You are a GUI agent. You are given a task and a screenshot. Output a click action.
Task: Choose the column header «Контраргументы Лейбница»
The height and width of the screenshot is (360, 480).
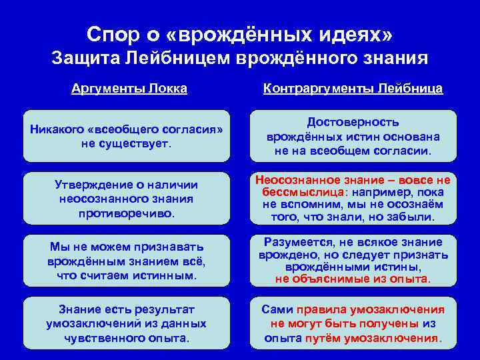click(353, 89)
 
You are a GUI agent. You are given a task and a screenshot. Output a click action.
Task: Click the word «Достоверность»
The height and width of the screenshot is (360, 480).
click(353, 122)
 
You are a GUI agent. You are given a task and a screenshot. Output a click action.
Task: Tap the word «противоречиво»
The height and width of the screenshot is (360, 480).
click(126, 213)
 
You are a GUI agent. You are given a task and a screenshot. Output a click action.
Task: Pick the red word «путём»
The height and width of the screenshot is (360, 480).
click(324, 338)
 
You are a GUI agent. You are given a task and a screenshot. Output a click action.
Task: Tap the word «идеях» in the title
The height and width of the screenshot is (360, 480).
click(355, 33)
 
